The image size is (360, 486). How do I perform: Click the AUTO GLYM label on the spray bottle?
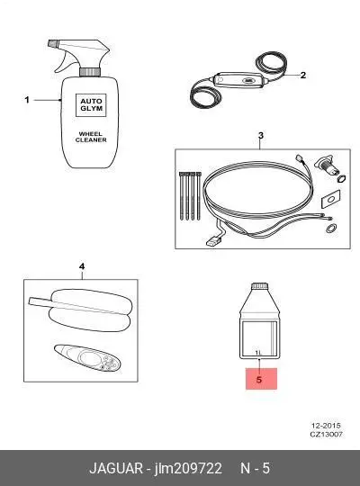click(91, 105)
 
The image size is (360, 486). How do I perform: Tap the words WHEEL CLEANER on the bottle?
click(91, 137)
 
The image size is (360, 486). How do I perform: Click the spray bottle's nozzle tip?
click(52, 43)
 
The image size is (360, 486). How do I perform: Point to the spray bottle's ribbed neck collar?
click(90, 72)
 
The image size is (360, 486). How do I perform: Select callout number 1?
click(27, 100)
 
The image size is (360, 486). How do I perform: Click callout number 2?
click(303, 75)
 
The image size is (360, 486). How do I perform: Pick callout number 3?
click(261, 135)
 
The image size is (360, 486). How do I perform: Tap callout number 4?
click(82, 266)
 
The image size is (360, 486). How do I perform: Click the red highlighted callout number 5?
click(259, 380)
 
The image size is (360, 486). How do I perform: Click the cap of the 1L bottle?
click(259, 286)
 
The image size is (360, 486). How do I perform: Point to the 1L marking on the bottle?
click(258, 353)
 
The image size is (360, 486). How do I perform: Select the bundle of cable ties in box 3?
click(190, 196)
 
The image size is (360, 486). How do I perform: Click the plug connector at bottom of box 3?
click(214, 241)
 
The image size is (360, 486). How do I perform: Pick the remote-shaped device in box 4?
click(87, 357)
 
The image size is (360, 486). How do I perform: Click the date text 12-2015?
click(326, 426)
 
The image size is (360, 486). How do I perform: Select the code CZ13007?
click(326, 434)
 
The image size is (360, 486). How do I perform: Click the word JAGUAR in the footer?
click(116, 468)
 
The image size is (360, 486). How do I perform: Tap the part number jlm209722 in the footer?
click(188, 468)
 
